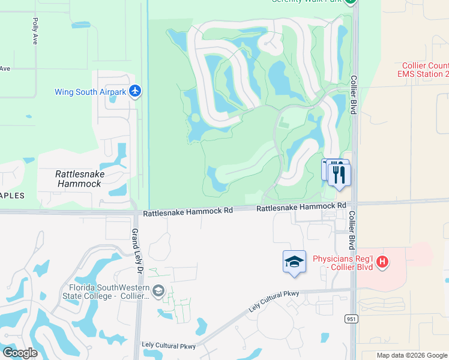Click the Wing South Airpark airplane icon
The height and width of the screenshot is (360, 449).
(135, 91)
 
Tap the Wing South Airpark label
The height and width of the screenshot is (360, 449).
(91, 92)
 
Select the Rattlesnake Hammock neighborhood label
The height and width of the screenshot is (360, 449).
(80, 179)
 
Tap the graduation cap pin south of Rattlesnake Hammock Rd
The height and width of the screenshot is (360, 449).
(294, 262)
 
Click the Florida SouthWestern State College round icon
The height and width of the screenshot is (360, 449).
(158, 292)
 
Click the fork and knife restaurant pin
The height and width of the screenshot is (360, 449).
(340, 175)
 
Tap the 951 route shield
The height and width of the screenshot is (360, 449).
(351, 319)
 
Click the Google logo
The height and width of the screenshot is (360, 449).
(20, 352)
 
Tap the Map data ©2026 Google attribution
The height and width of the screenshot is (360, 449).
(411, 355)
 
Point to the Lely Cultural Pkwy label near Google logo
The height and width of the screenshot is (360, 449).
(169, 346)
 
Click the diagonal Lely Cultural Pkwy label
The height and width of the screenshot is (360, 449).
(273, 302)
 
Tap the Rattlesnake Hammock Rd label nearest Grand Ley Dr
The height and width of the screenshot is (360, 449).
(188, 212)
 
